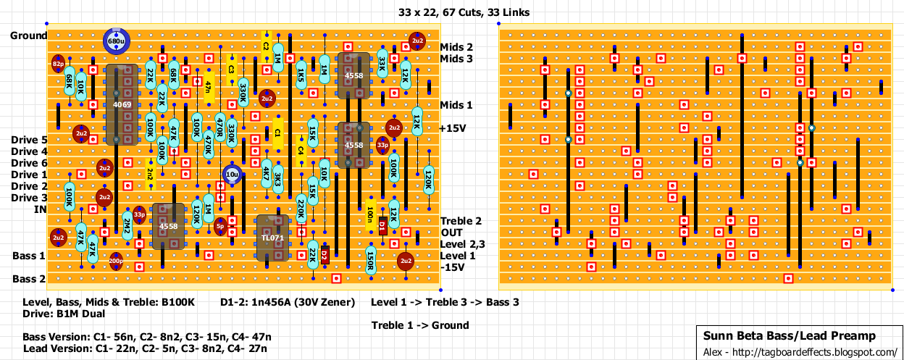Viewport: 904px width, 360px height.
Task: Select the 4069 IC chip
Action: pyautogui.click(x=122, y=105)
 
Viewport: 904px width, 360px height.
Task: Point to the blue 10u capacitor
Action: pyautogui.click(x=232, y=175)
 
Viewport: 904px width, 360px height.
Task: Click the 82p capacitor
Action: pyautogui.click(x=58, y=64)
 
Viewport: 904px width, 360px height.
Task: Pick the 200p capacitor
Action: pyautogui.click(x=116, y=261)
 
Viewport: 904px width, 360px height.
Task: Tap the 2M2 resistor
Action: pyautogui.click(x=127, y=227)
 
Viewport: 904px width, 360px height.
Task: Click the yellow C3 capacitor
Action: pyautogui.click(x=232, y=70)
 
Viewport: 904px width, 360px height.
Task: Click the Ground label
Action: pyautogui.click(x=29, y=35)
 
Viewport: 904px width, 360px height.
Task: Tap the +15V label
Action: pyautogui.click(x=453, y=128)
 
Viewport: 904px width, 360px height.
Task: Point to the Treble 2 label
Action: pyautogui.click(x=461, y=221)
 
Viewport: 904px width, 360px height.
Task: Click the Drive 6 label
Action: pyautogui.click(x=30, y=163)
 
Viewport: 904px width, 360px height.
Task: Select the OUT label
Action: pyautogui.click(x=452, y=233)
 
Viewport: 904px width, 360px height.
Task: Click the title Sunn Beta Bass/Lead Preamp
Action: pyautogui.click(x=790, y=336)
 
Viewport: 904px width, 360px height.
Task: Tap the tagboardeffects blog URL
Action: pyautogui.click(x=800, y=352)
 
